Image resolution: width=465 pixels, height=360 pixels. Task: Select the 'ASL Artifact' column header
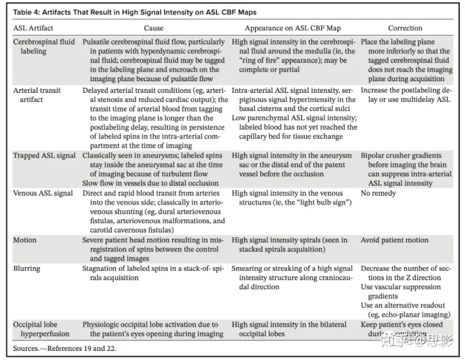[x=34, y=28]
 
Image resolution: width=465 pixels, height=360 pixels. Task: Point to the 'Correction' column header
[x=405, y=28]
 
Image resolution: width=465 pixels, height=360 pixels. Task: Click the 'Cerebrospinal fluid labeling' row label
[x=43, y=46]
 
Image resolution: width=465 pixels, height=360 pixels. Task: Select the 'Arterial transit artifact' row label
[x=37, y=95]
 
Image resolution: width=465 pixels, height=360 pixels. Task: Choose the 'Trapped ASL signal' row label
[x=43, y=156]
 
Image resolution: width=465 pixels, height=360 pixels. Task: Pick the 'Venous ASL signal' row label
[x=43, y=193]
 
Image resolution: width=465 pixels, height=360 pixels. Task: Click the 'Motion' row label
[x=25, y=240]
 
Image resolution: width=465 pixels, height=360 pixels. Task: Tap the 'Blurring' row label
[x=26, y=268]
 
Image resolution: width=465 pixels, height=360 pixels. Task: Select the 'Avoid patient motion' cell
[x=394, y=240]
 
